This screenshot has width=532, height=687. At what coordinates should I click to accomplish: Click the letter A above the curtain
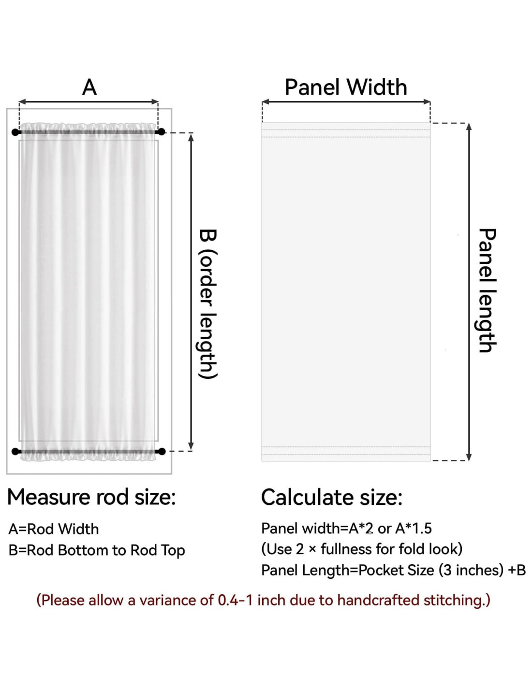[89, 87]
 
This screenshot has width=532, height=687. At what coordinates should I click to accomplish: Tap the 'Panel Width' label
[346, 87]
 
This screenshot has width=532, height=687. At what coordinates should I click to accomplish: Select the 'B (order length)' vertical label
[208, 304]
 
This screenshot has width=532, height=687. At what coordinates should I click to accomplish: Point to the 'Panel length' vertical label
[487, 290]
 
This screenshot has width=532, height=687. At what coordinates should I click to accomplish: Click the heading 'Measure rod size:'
[91, 497]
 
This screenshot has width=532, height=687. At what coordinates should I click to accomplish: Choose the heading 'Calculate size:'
[331, 497]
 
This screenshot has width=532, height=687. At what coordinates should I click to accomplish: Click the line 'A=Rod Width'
[54, 529]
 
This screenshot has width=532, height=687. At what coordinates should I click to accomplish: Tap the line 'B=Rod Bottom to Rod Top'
[97, 550]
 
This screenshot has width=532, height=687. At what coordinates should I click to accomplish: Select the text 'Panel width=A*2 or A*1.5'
[346, 529]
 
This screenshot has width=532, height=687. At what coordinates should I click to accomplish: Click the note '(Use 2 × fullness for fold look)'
[362, 549]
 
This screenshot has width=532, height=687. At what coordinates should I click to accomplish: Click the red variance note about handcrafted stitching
[264, 600]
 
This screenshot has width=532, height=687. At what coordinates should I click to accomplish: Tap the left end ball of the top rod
[15, 132]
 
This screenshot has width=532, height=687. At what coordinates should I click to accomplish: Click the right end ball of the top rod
[162, 131]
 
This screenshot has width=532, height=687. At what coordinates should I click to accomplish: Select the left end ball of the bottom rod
[15, 451]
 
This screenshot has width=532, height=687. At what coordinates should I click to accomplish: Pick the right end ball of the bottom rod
[162, 451]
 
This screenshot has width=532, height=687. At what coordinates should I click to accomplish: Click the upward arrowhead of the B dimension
[191, 138]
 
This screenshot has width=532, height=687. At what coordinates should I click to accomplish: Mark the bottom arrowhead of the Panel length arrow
[468, 457]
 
